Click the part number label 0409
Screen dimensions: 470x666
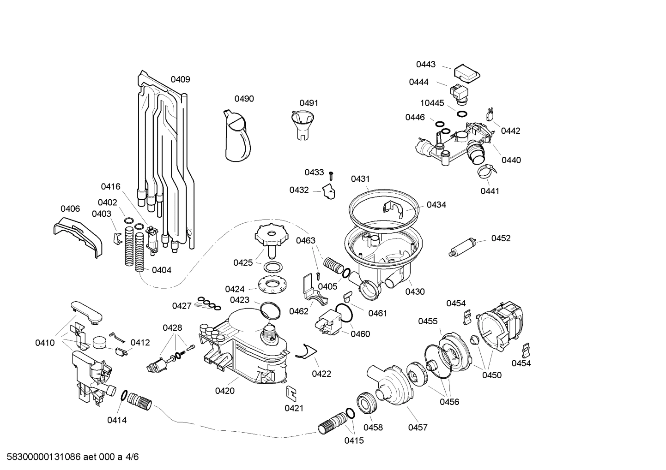pos(180,79)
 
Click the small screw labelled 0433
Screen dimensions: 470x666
pos(331,175)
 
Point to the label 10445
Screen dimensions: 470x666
pos(432,103)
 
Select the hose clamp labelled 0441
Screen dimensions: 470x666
pos(487,173)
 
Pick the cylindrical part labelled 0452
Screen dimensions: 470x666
pos(462,246)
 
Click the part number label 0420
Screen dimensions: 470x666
pos(224,391)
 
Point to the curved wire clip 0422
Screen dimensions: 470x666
pos(304,351)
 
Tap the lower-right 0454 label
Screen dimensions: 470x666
pos(521,363)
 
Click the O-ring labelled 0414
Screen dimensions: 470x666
pos(124,395)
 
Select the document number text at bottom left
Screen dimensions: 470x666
pos(69,457)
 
